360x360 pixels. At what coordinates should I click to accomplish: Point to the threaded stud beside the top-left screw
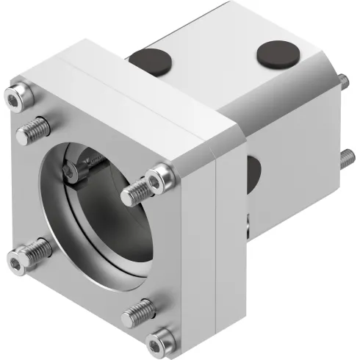30,134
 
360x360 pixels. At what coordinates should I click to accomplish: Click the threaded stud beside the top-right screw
134,194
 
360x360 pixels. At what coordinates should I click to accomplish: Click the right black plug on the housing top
273,54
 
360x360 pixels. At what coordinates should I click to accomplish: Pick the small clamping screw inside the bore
70,173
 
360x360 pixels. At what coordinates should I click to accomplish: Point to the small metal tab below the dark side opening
248,220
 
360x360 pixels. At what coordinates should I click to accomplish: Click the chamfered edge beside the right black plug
312,73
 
